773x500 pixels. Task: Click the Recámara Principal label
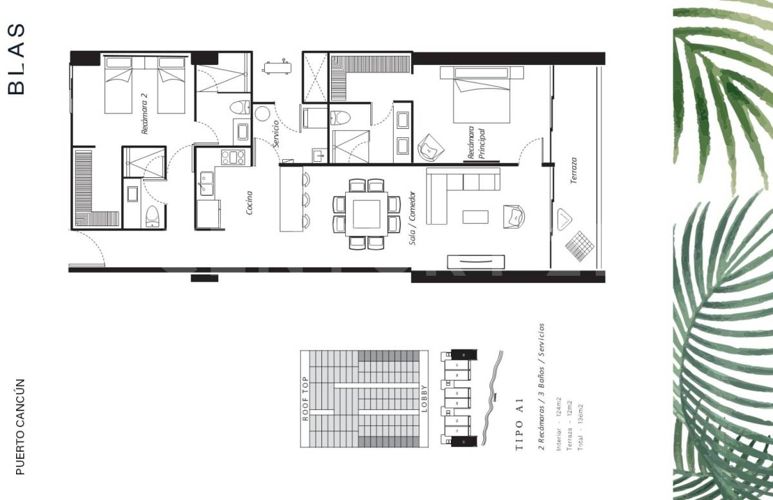pyautogui.click(x=476, y=143)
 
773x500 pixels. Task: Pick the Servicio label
pyautogui.click(x=276, y=134)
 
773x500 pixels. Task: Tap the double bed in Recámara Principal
pyautogui.click(x=482, y=95)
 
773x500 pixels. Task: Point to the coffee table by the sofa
pyautogui.click(x=476, y=216)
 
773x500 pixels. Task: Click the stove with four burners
pyautogui.click(x=233, y=157)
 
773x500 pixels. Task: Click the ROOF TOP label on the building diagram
pyautogui.click(x=306, y=399)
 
